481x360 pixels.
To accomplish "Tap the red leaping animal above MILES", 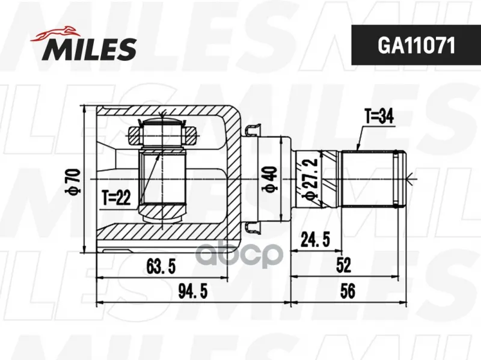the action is [x=55, y=34].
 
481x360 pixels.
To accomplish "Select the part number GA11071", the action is [x=416, y=46].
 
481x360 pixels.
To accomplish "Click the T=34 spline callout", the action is [x=379, y=117].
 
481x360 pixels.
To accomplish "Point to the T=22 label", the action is [x=116, y=198].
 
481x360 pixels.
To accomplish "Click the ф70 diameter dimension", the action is [x=73, y=182].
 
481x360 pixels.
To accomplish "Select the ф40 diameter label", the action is [x=271, y=180].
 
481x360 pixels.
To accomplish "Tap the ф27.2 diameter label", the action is [x=309, y=180].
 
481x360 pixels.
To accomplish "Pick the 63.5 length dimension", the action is [x=161, y=266].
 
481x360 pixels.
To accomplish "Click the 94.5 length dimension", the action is [x=193, y=291].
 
